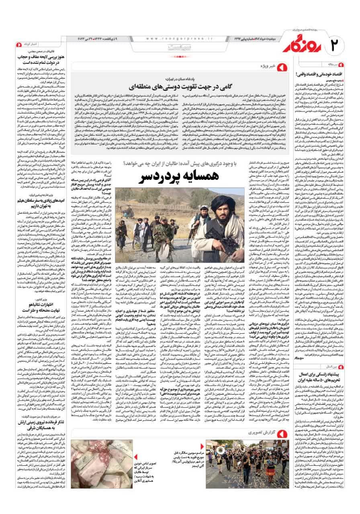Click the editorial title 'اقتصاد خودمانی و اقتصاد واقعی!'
coord(326,75)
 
